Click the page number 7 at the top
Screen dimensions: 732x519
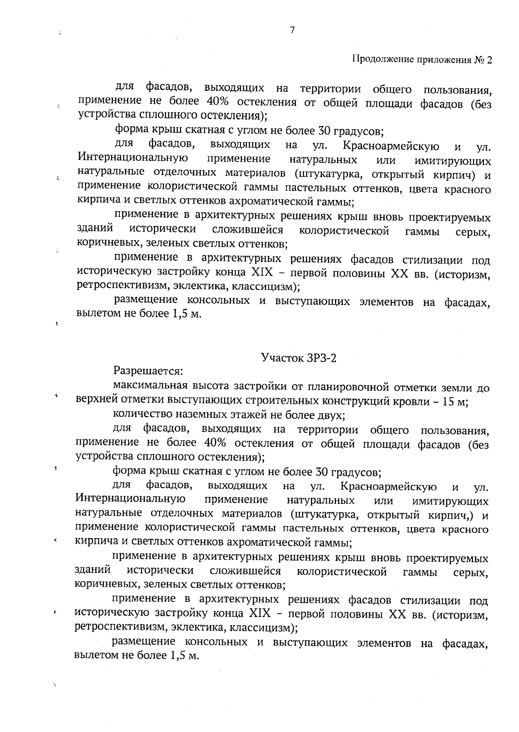pyautogui.click(x=292, y=30)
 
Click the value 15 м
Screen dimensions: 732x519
pyautogui.click(x=455, y=401)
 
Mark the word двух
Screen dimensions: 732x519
pyautogui.click(x=331, y=415)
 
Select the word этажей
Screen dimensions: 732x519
pyautogui.click(x=253, y=415)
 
